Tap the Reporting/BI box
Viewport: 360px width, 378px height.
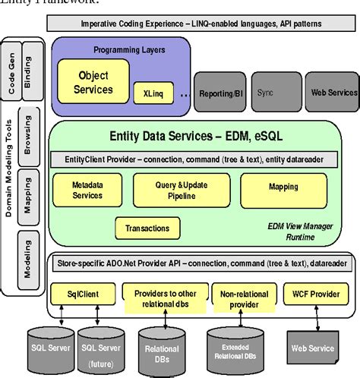[x=222, y=92]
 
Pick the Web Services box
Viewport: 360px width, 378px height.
[x=330, y=92]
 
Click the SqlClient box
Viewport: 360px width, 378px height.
[x=79, y=293]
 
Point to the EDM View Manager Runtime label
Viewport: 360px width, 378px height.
[x=288, y=231]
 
